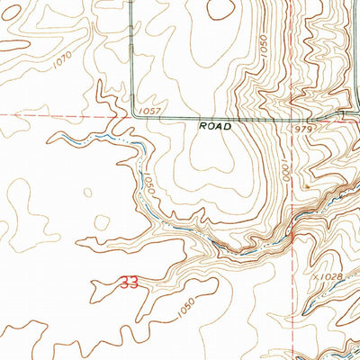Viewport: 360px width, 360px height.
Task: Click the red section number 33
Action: [x=129, y=283]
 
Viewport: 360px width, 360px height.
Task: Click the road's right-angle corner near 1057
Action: [x=134, y=115]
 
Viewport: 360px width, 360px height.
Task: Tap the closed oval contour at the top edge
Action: [x=219, y=9]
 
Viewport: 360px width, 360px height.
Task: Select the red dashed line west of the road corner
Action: [x=63, y=115]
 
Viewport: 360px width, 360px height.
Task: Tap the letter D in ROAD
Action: [x=229, y=128]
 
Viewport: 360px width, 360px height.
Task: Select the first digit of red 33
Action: [x=124, y=283]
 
